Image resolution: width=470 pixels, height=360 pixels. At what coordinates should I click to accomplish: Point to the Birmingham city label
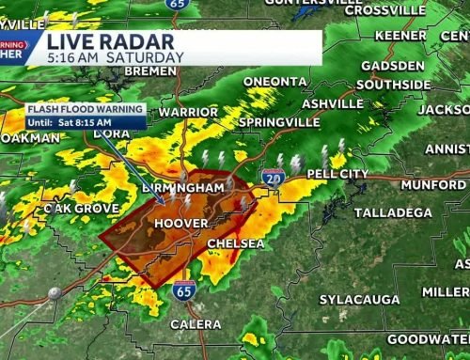pyautogui.click(x=184, y=187)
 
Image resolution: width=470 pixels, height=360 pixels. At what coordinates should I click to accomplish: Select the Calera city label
pyautogui.click(x=196, y=324)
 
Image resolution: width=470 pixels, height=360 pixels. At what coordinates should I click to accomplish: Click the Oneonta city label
pyautogui.click(x=274, y=82)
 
